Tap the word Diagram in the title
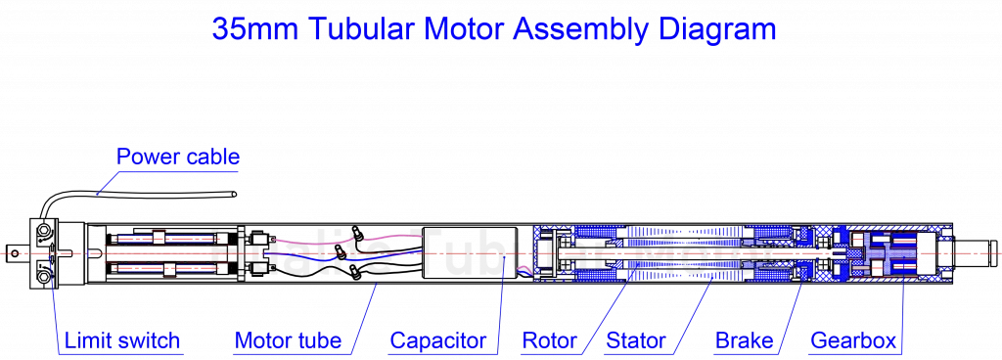pos(715,29)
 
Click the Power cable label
pos(178,157)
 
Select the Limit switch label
pos(122,341)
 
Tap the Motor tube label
pos(288,341)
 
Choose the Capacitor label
pos(437,341)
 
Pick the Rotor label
pos(549,341)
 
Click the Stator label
pos(637,341)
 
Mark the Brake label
pos(745,341)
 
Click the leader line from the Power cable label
pos(107,183)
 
